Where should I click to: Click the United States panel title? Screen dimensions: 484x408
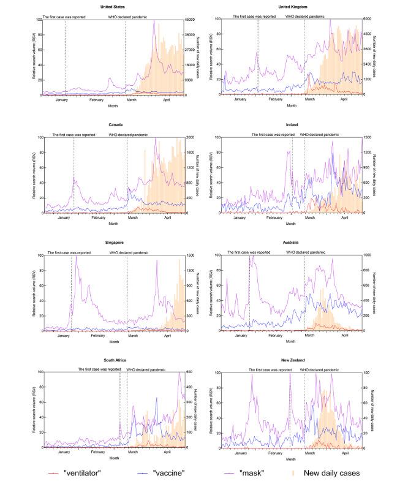pos(113,7)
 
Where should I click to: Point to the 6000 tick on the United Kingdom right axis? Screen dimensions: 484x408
pos(367,20)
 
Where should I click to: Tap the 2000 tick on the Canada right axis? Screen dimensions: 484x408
pos(189,137)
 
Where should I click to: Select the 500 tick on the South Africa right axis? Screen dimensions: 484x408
pos(189,372)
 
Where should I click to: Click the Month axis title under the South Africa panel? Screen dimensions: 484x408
pos(113,458)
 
